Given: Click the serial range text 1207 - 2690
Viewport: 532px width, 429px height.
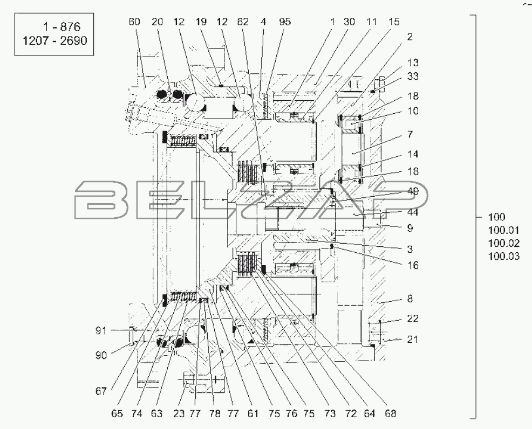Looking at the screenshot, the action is pyautogui.click(x=54, y=40).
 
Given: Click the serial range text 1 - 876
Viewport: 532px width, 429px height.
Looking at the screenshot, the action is pyautogui.click(x=61, y=27).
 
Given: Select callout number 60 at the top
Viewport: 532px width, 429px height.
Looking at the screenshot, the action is pyautogui.click(x=134, y=22).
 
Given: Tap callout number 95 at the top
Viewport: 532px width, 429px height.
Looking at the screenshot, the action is pyautogui.click(x=285, y=22).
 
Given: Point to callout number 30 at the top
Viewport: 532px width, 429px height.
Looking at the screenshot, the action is pyautogui.click(x=349, y=22).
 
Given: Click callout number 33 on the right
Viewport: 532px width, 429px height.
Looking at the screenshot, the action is pyautogui.click(x=413, y=77).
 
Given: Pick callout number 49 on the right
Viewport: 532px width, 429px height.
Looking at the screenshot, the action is pyautogui.click(x=413, y=191).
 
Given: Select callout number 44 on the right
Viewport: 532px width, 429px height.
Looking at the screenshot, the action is pyautogui.click(x=413, y=212).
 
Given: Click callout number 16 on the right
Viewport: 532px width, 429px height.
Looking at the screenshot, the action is pyautogui.click(x=413, y=265).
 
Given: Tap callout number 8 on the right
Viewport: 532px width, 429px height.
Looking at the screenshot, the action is pyautogui.click(x=410, y=299).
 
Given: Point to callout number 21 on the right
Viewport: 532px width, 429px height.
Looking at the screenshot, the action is pyautogui.click(x=413, y=339).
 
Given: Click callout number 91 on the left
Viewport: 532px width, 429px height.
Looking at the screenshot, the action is pyautogui.click(x=101, y=330).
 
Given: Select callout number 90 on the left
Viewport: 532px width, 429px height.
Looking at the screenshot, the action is pyautogui.click(x=101, y=355).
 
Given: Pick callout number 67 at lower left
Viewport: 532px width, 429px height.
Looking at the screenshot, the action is pyautogui.click(x=101, y=391).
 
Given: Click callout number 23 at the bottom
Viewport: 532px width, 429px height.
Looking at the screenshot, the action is pyautogui.click(x=179, y=414).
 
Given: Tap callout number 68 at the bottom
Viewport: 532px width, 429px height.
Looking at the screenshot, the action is pyautogui.click(x=391, y=414).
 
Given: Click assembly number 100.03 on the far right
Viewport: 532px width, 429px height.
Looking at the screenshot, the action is pyautogui.click(x=504, y=256).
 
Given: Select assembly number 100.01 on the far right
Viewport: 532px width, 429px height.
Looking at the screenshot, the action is pyautogui.click(x=504, y=231).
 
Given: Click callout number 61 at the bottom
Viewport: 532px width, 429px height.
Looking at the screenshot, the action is pyautogui.click(x=253, y=414).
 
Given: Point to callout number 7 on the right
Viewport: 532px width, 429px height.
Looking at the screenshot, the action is pyautogui.click(x=410, y=135).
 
